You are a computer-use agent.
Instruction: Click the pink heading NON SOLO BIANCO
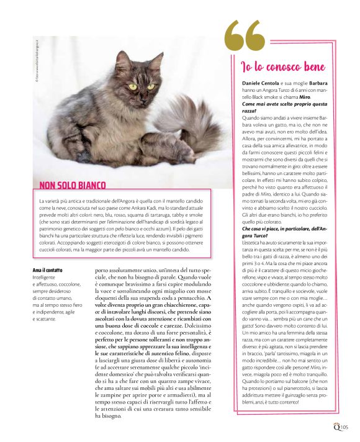(72, 185)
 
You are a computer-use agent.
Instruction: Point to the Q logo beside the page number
(335, 425)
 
